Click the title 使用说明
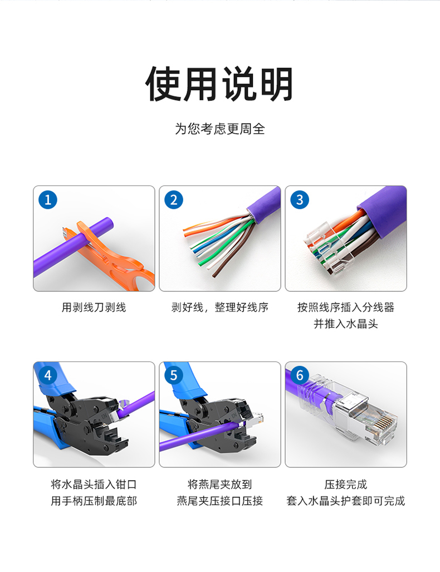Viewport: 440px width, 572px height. [219, 84]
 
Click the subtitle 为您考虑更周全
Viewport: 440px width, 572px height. [219, 129]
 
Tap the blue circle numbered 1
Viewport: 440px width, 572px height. [48, 199]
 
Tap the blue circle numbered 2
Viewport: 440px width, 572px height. [174, 199]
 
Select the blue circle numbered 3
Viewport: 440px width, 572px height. [300, 199]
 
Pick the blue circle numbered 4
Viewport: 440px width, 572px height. [48, 375]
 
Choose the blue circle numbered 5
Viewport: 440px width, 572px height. [174, 375]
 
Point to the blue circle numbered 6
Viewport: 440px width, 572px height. [300, 375]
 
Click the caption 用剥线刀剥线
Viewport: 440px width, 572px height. [94, 307]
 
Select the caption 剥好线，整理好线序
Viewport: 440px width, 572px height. [219, 307]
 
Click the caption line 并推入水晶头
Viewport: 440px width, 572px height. [345, 324]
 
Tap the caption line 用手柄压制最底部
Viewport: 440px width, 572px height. [94, 501]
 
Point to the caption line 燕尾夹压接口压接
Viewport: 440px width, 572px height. [219, 501]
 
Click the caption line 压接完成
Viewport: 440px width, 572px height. [345, 485]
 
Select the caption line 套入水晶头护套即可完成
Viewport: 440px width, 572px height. [345, 501]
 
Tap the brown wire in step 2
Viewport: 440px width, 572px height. [233, 252]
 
